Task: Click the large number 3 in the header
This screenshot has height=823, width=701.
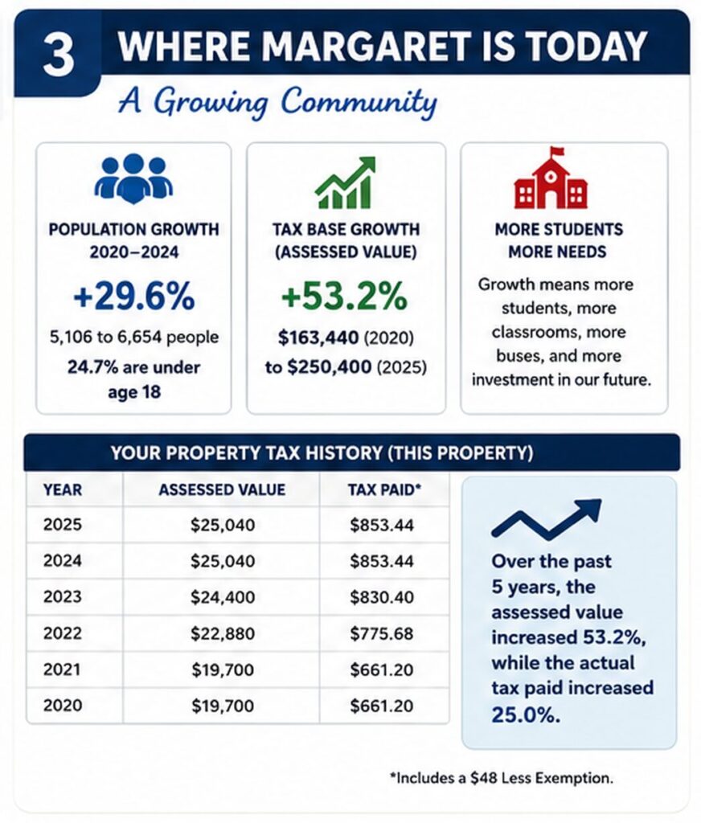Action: tap(58, 55)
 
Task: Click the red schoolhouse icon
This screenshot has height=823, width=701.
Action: tap(551, 178)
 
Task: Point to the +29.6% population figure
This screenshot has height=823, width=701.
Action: tap(134, 296)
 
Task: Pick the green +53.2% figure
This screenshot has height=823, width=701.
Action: tap(344, 296)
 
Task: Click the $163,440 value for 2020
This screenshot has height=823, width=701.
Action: tap(318, 338)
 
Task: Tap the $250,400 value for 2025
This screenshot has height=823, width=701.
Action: tap(330, 366)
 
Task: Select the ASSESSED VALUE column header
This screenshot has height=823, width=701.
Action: tap(222, 489)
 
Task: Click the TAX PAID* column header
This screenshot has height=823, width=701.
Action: tap(384, 489)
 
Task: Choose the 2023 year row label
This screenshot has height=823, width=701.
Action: tap(63, 597)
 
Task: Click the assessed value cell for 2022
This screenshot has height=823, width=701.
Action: tap(223, 633)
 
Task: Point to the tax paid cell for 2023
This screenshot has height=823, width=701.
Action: tap(382, 597)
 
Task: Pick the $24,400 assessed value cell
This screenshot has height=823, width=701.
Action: tap(223, 597)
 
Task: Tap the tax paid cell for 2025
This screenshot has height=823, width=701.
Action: tap(382, 525)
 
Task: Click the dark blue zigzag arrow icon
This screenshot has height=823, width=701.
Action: tap(546, 519)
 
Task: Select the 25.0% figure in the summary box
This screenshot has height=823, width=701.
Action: tap(526, 714)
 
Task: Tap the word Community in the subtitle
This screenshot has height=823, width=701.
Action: tap(359, 101)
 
